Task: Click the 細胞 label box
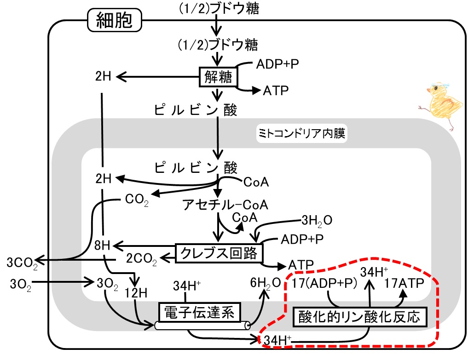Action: tap(114, 20)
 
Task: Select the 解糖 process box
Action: tap(218, 77)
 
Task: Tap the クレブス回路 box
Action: tap(219, 253)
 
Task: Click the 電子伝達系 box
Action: tap(199, 313)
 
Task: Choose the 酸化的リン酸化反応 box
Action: tap(360, 317)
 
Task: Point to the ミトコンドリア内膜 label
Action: tap(302, 133)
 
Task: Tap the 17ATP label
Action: tap(404, 283)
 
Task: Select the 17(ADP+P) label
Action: tap(324, 283)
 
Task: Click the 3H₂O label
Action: tap(317, 221)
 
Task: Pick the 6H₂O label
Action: tap(266, 283)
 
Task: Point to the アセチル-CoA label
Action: tap(225, 205)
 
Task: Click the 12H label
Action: tap(136, 293)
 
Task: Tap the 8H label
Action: tap(102, 246)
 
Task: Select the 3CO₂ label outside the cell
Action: tap(22, 263)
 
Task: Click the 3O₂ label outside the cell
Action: tap(20, 285)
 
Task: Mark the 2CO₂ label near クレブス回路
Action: tap(141, 258)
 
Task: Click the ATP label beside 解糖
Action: tap(276, 91)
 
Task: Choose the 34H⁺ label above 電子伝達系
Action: tap(187, 286)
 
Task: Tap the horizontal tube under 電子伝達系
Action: tap(202, 326)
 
